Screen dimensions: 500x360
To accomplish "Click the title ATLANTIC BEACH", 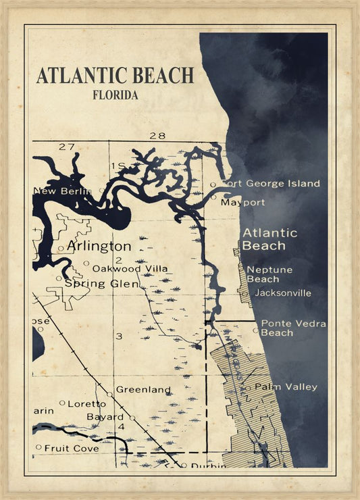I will (115, 75).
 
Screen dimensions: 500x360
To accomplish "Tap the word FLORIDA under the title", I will (115, 95).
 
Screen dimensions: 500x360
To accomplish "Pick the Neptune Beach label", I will (269, 274).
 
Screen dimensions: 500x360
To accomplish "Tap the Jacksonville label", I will (283, 293).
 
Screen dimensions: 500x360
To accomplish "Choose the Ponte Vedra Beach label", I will (293, 328).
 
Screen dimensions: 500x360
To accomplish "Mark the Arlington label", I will (99, 245).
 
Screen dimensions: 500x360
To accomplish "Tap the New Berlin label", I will (62, 192).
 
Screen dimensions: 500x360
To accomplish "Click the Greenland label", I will (143, 390).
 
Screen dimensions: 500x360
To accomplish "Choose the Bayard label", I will (105, 417).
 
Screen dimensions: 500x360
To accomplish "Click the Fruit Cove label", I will (72, 447).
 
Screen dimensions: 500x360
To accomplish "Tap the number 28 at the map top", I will (157, 135).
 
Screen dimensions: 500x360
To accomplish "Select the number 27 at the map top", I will (66, 147).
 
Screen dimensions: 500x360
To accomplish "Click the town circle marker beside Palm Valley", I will (248, 388).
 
